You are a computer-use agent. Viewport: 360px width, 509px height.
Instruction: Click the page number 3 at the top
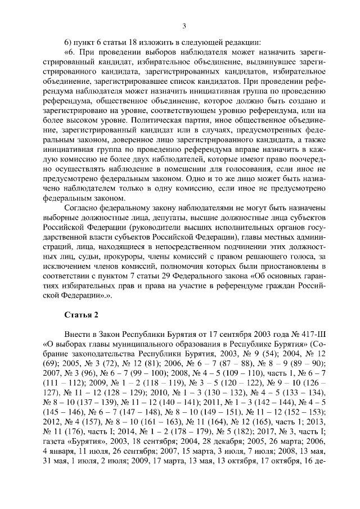tap(184, 25)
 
